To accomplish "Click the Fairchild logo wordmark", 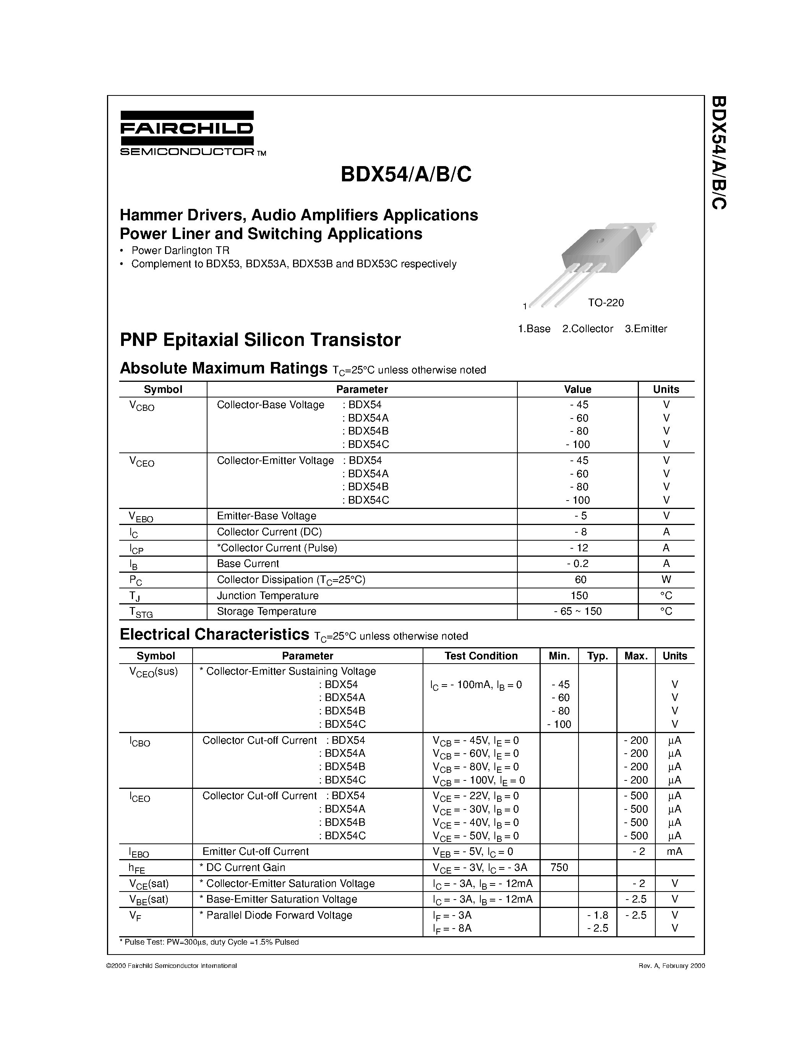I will coord(186,128).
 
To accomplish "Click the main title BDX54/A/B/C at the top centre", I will coord(405,174).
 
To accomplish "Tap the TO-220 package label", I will coord(605,302).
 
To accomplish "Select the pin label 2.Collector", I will coord(587,329).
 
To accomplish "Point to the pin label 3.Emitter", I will coord(645,329).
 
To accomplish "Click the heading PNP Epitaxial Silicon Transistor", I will coord(260,340).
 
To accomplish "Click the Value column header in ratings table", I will coord(577,389).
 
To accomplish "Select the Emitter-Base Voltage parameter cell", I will coord(266,516).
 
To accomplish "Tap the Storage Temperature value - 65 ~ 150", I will coord(577,612).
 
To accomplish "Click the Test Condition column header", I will coord(481,656).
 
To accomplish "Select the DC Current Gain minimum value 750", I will coord(559,867).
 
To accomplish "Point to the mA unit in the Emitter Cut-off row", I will coord(674,851).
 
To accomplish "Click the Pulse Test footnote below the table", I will coord(209,942).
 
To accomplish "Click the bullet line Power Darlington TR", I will coord(180,250).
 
